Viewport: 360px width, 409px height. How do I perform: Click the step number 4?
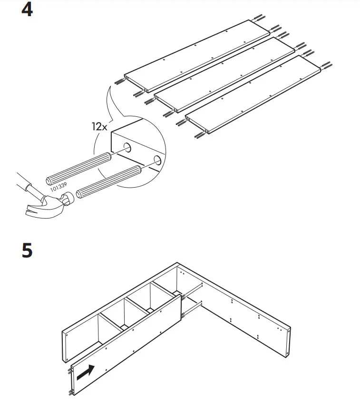pyautogui.click(x=27, y=10)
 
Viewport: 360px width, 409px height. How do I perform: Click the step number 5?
pyautogui.click(x=27, y=250)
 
